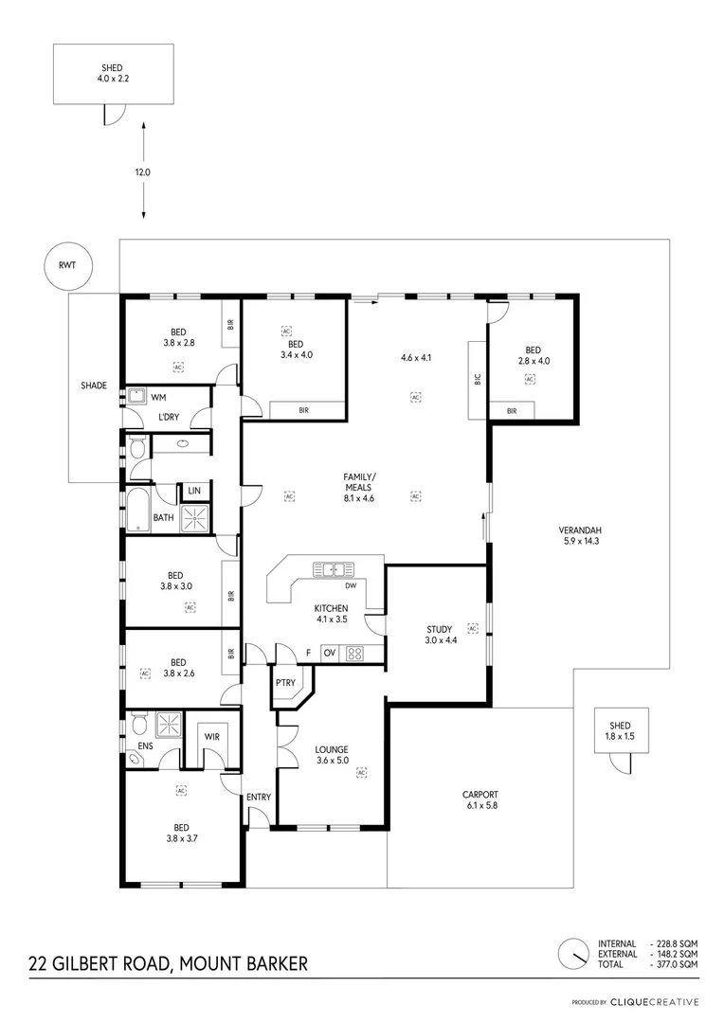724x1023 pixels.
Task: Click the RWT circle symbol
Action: [x=63, y=267]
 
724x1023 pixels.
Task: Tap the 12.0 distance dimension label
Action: [x=143, y=172]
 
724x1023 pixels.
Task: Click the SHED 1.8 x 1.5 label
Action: [x=622, y=730]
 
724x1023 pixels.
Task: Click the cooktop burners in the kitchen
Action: [x=356, y=653]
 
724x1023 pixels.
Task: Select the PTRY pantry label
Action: [x=284, y=682]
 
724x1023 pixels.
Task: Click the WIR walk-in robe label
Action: [x=212, y=736]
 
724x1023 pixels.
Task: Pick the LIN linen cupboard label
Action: [x=194, y=491]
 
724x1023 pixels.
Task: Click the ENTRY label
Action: [x=258, y=797]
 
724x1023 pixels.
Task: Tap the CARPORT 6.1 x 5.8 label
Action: [x=480, y=800]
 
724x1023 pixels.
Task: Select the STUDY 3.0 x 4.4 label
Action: [x=439, y=635]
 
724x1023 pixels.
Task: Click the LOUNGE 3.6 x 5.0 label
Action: [x=332, y=755]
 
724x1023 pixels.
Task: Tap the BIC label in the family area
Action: [x=479, y=379]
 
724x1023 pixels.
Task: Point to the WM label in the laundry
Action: [x=158, y=397]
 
